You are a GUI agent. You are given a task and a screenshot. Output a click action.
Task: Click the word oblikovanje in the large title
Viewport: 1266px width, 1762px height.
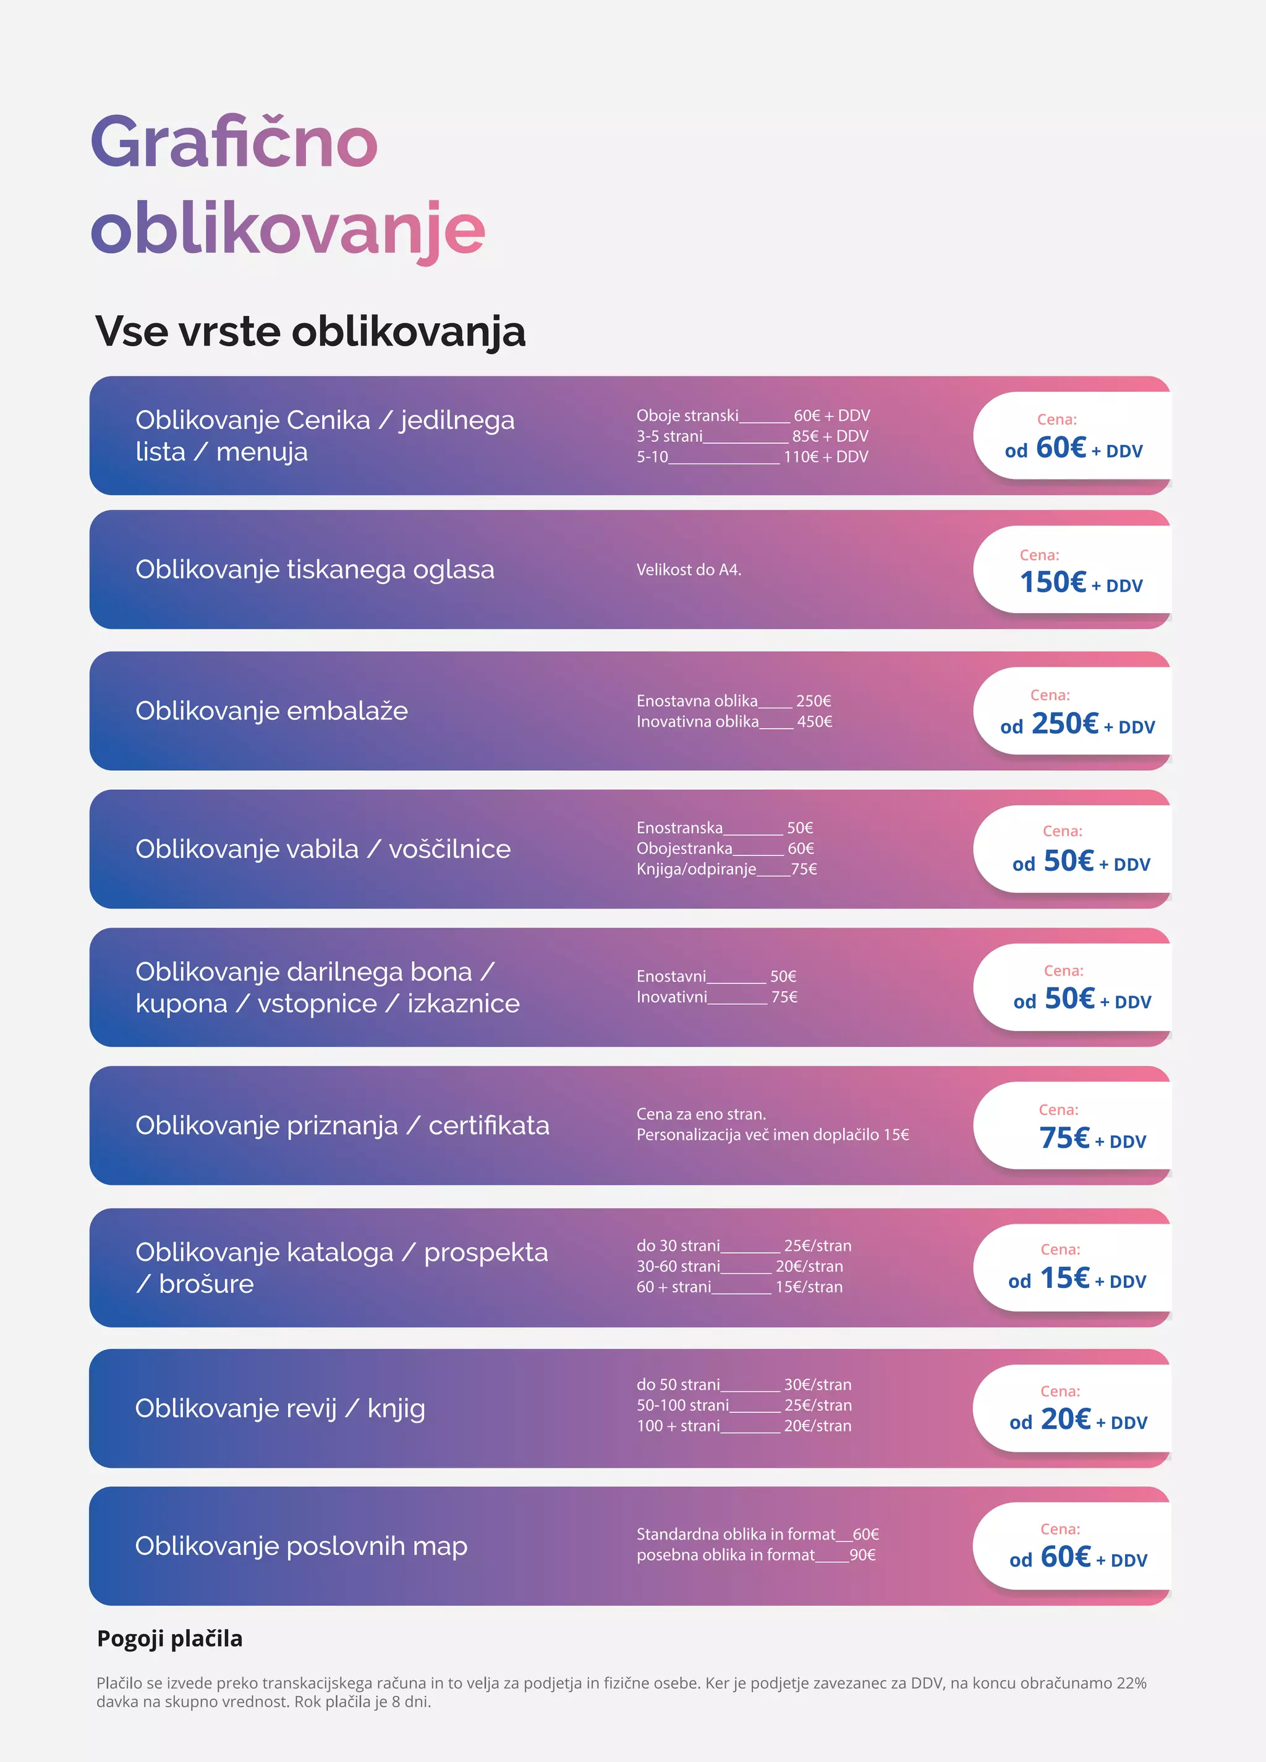pos(287,229)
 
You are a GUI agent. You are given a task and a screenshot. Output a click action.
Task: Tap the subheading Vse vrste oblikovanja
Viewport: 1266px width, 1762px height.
pos(310,332)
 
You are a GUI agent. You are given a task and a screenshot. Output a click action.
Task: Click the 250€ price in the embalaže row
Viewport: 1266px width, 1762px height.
pos(1064,724)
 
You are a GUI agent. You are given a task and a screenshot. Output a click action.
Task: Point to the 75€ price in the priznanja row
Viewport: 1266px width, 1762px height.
pos(1064,1138)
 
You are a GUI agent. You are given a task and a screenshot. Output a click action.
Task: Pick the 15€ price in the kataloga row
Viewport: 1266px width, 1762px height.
pos(1064,1278)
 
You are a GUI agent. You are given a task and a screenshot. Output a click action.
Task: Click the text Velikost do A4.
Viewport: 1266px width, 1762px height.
pos(689,569)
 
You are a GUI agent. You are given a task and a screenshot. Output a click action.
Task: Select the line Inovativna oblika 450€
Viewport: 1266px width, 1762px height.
pos(734,722)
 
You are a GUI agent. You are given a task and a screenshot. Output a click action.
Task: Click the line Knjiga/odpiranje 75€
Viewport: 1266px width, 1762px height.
pos(726,870)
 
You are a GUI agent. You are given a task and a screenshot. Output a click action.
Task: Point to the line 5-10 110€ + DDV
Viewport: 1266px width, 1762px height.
pos(752,457)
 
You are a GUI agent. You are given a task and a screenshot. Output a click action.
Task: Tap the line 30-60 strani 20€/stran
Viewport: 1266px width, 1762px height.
pos(739,1266)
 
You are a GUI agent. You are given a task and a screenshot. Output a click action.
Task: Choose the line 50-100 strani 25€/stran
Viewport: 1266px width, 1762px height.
pos(744,1405)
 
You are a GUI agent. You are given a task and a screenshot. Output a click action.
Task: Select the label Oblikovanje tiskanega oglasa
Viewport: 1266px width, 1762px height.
pos(315,569)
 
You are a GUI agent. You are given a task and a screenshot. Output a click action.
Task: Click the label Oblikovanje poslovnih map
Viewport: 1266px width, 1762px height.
pos(301,1546)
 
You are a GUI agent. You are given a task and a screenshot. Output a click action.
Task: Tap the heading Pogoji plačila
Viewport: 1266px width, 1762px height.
pos(169,1638)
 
